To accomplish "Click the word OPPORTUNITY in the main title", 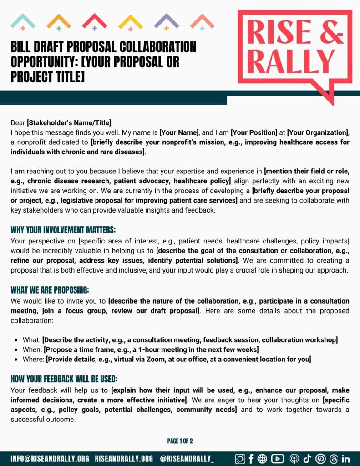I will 55,61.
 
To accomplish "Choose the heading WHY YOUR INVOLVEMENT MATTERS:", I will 63,230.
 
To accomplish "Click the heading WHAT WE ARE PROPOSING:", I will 50,290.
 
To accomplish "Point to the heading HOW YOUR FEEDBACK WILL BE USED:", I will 64,379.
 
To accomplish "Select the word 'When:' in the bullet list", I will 32,349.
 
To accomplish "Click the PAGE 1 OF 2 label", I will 180,441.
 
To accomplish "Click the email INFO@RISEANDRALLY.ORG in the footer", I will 50,458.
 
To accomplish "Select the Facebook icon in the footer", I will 251,458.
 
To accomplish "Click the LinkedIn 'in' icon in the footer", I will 345,458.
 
